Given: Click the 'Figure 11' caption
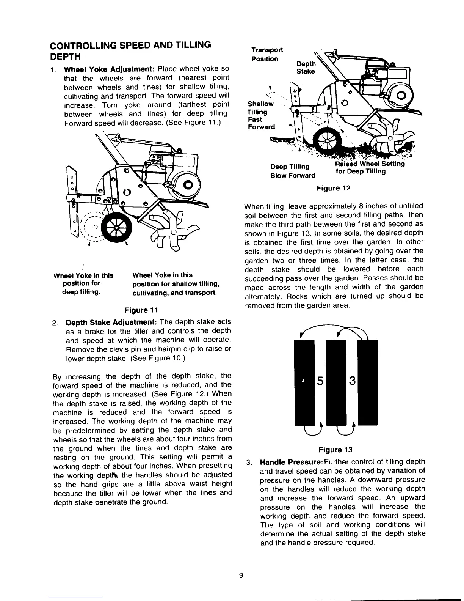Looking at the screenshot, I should [142, 310].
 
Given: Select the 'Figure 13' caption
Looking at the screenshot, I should [335, 450].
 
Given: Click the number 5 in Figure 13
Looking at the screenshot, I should [320, 380].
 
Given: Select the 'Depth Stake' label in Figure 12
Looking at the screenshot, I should [306, 68].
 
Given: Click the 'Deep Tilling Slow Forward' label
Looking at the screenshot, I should [292, 171].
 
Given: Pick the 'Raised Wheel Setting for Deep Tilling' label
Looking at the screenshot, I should [369, 168].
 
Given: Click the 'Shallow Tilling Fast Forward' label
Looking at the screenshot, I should [261, 115].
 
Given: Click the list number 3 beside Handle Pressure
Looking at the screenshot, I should [249, 463].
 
